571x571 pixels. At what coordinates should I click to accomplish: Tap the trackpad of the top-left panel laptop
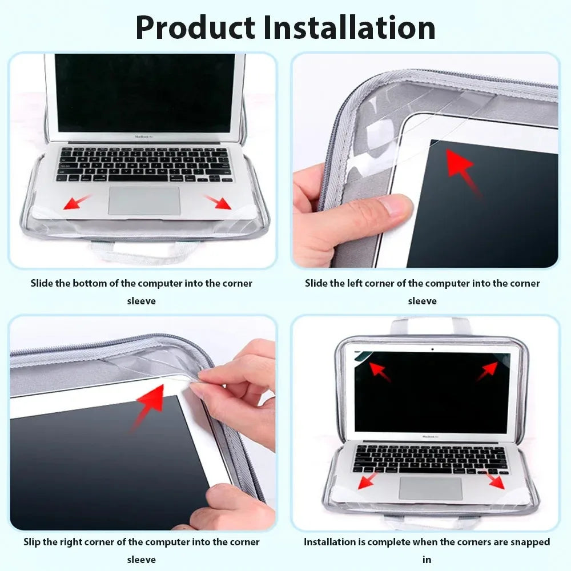coord(144,201)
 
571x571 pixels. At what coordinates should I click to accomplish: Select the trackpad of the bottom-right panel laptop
coord(431,489)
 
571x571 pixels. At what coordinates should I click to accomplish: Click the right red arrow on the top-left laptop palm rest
coord(218,202)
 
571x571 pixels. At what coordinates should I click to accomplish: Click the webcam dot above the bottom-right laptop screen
coord(432,349)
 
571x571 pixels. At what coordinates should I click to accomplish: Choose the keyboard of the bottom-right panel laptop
coord(431,459)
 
